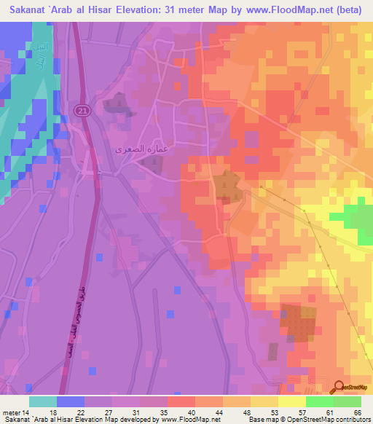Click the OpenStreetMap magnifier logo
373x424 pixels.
(x=339, y=387)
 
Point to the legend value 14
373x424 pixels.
(x=26, y=412)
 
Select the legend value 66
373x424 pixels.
(x=357, y=412)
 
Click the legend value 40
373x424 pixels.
(x=192, y=412)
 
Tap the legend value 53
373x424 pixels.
(x=274, y=412)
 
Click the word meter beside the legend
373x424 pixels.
(x=12, y=412)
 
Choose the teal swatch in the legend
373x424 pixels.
(x=43, y=401)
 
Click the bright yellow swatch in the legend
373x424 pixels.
(x=291, y=401)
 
